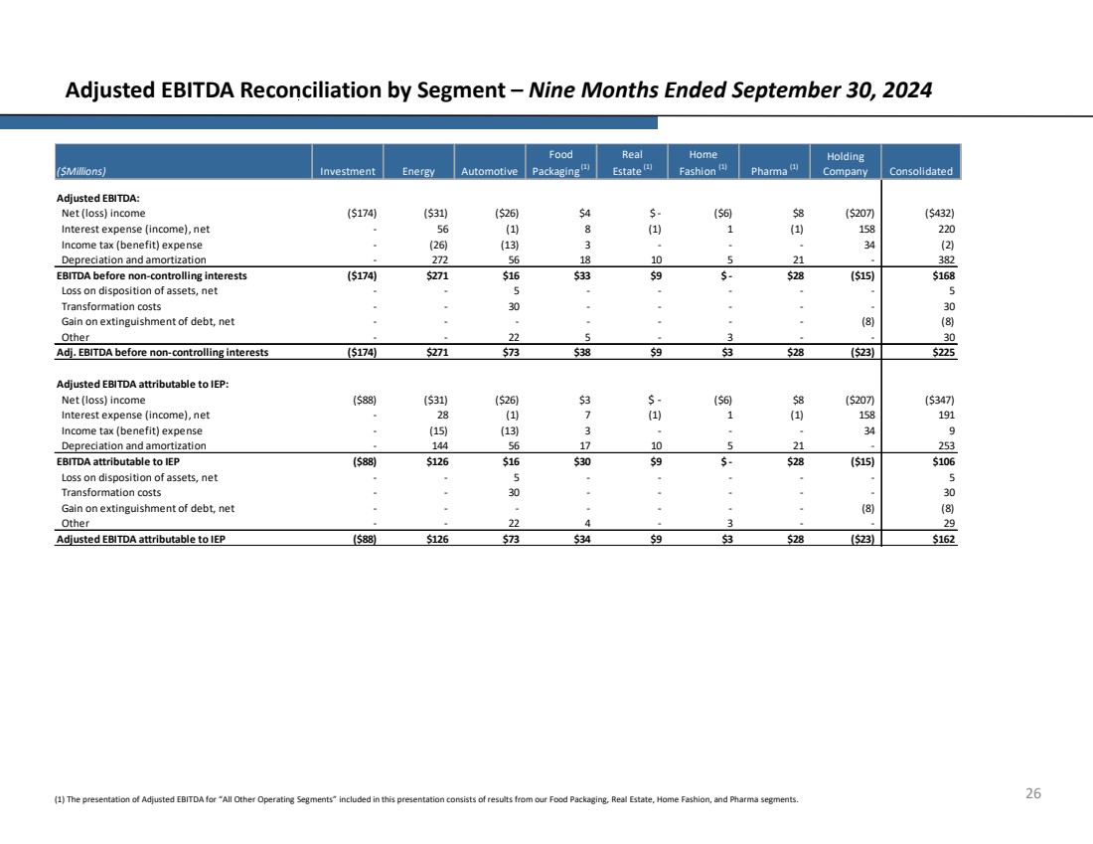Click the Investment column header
(347, 171)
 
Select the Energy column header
(418, 171)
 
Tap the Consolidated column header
(921, 171)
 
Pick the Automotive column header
(490, 171)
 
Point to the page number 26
(1033, 793)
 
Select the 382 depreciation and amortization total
(946, 259)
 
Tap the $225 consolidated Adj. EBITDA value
(941, 352)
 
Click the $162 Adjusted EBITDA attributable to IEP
(941, 539)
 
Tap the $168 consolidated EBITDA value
(941, 275)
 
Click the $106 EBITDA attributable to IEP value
(941, 461)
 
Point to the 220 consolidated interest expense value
(946, 229)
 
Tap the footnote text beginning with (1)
(426, 798)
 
